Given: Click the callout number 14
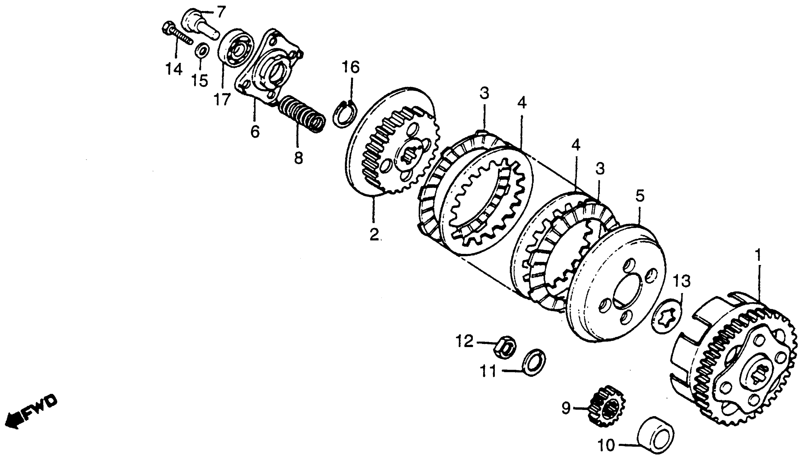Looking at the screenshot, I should click(x=173, y=69).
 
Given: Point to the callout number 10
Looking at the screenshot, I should click(x=606, y=445).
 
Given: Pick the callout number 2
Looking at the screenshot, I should click(x=374, y=234).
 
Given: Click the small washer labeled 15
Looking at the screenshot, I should click(x=202, y=50).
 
